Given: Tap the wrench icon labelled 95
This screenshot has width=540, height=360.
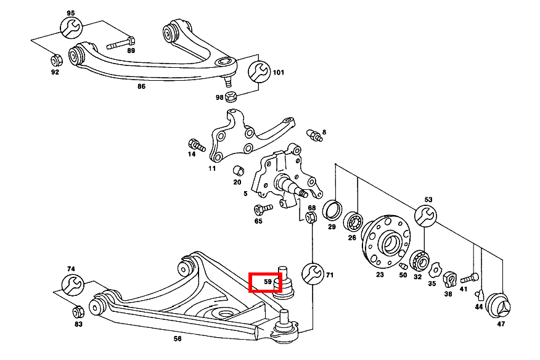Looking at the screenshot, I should tap(70, 28).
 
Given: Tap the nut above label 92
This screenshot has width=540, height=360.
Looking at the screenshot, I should tap(54, 60).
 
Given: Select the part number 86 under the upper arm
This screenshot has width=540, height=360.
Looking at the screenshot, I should tap(141, 87).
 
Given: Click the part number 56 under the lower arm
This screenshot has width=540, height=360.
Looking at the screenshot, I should tap(178, 338).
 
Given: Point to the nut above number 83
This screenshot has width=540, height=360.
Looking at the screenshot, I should tap(78, 311).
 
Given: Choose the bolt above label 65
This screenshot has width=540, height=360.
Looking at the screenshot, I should tap(262, 209).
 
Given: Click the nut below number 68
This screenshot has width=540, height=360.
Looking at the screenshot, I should tap(312, 219).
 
